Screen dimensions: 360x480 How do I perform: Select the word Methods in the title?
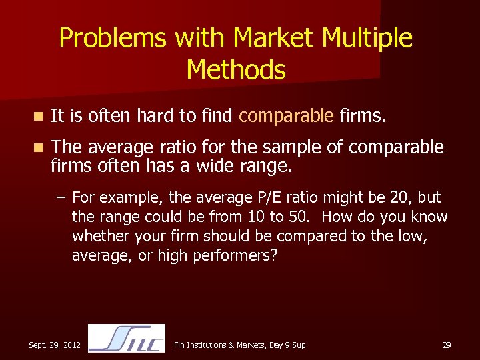pos(236,69)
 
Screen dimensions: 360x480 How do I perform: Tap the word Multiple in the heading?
pos(367,38)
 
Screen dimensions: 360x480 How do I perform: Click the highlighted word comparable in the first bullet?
pos(286,117)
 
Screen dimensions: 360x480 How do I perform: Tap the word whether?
pos(100,237)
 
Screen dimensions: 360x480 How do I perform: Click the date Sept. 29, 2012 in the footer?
pos(55,345)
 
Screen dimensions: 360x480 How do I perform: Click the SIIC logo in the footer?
pos(127,338)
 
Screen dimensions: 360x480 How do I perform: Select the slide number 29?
pos(447,345)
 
